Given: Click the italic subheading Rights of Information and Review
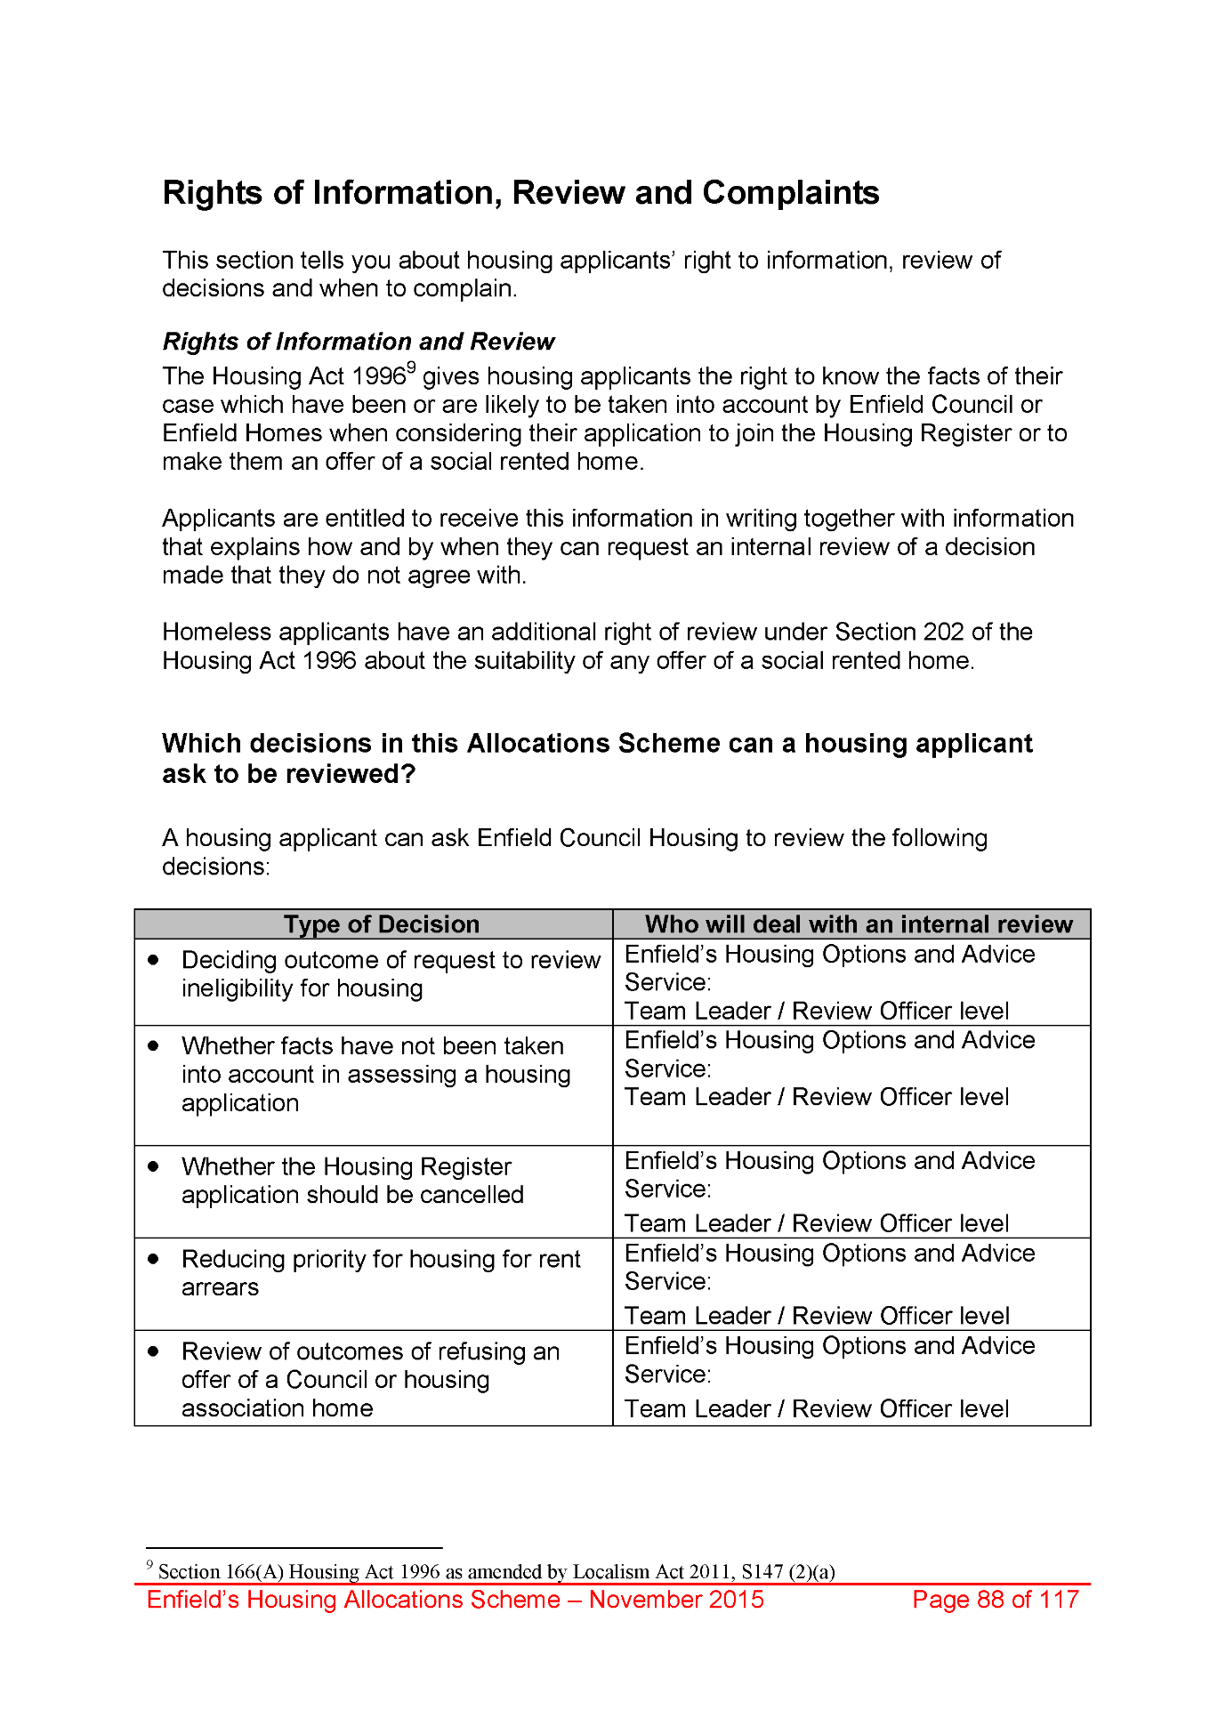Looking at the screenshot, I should pyautogui.click(x=358, y=342).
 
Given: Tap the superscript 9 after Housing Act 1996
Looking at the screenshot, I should pyautogui.click(x=411, y=367).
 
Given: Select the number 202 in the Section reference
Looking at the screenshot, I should pyautogui.click(x=943, y=632).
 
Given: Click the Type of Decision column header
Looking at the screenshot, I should pyautogui.click(x=382, y=924).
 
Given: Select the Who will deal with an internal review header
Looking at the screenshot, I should pyautogui.click(x=859, y=924).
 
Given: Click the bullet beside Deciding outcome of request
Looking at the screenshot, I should pyautogui.click(x=154, y=960).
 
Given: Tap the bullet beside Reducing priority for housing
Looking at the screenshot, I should pyautogui.click(x=154, y=1259).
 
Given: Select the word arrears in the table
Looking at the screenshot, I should pyautogui.click(x=220, y=1287).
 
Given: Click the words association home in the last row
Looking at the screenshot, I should pyautogui.click(x=277, y=1408).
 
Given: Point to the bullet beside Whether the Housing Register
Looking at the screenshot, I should pyautogui.click(x=154, y=1166).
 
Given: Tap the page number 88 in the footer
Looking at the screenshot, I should pyautogui.click(x=990, y=1600).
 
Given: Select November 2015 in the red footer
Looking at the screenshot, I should pyautogui.click(x=676, y=1600).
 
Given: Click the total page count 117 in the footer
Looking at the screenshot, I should pyautogui.click(x=1059, y=1600).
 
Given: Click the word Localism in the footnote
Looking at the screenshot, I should pyautogui.click(x=611, y=1572).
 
